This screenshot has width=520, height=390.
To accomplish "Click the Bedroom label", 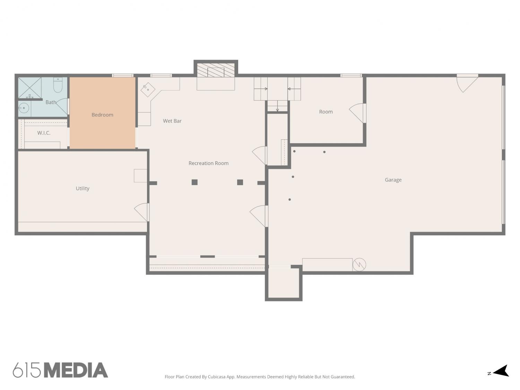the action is coord(102,115).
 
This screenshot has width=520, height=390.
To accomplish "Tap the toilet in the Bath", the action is coord(58,85).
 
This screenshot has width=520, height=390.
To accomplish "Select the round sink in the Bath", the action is coord(24,108).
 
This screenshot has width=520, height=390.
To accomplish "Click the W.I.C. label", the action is coord(44,133).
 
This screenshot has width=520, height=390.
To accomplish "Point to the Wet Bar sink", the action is coord(148,90).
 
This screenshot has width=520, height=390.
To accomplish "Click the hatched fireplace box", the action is coord(216,70).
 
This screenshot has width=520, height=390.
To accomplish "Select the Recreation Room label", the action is coord(208,163).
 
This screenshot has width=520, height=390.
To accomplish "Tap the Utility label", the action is coord(83,189).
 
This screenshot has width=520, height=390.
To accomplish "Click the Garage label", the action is coord(393,180).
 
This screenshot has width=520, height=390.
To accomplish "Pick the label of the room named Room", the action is coord(326,112).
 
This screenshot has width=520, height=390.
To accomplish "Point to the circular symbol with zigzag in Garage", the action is coord(359,265).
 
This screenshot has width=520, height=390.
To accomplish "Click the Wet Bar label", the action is coord(172,121).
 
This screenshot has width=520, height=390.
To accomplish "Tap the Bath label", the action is coord(51,102).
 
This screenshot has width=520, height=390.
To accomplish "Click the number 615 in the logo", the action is coord(27,370).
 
